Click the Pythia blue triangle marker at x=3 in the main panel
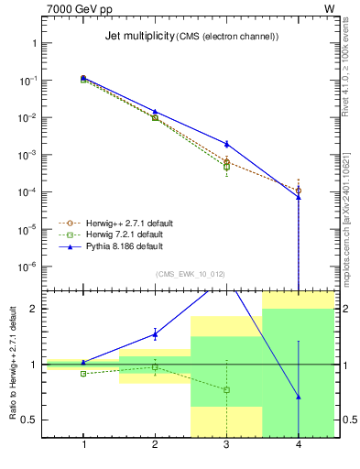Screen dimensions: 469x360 point(226,144)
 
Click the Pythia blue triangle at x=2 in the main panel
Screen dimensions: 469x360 point(155,112)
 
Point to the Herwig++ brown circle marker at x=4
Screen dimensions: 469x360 point(299,191)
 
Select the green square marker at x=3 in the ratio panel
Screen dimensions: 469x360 point(226,390)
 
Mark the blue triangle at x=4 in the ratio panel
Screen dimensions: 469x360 point(299,397)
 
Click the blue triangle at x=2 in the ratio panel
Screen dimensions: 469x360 point(155,333)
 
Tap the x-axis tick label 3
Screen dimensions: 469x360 point(226,444)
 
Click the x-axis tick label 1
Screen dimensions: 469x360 point(83,444)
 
